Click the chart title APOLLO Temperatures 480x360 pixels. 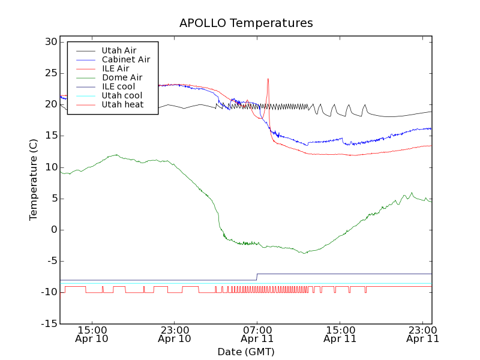[246, 23]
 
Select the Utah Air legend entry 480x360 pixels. [119, 50]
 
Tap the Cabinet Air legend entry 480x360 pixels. [125, 59]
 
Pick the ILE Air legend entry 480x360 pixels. [115, 68]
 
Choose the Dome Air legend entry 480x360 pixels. [122, 77]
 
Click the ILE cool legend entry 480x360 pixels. [118, 86]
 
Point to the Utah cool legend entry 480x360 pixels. [122, 95]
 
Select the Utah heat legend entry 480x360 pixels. [122, 104]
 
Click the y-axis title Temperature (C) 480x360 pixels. [34, 179]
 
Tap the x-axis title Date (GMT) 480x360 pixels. [246, 352]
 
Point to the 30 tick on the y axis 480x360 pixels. [50, 42]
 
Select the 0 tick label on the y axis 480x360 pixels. [53, 230]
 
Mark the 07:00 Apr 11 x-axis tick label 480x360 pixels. [257, 334]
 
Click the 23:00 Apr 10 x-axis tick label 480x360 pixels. [174, 334]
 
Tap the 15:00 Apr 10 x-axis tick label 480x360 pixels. [92, 334]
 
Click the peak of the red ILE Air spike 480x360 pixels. [268, 79]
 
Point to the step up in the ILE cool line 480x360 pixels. [257, 277]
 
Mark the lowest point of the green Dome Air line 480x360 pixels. [305, 253]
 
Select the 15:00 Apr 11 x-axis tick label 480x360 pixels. [340, 334]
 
